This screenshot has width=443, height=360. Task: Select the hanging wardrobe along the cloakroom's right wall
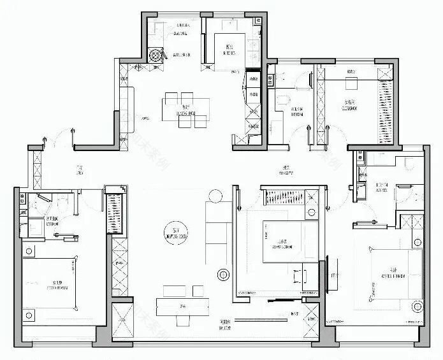click(x=386, y=103)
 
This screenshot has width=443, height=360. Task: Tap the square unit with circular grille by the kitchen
click(x=154, y=55)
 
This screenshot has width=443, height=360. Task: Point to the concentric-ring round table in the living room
click(x=224, y=275)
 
